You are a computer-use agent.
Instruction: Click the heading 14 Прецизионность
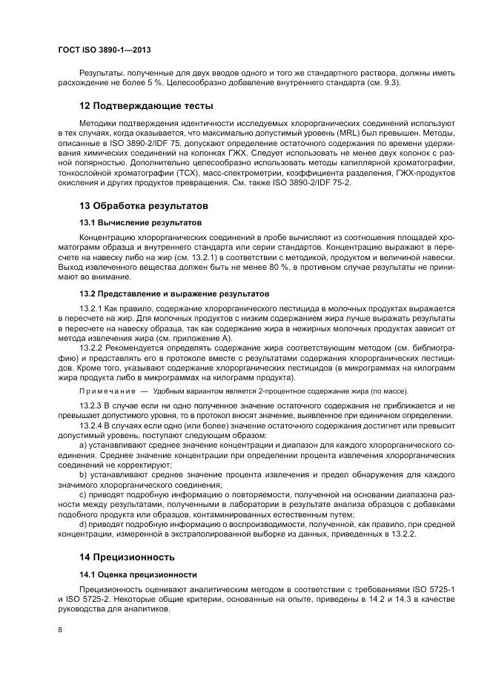click(x=127, y=556)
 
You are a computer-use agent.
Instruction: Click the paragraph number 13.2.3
click(x=91, y=406)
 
